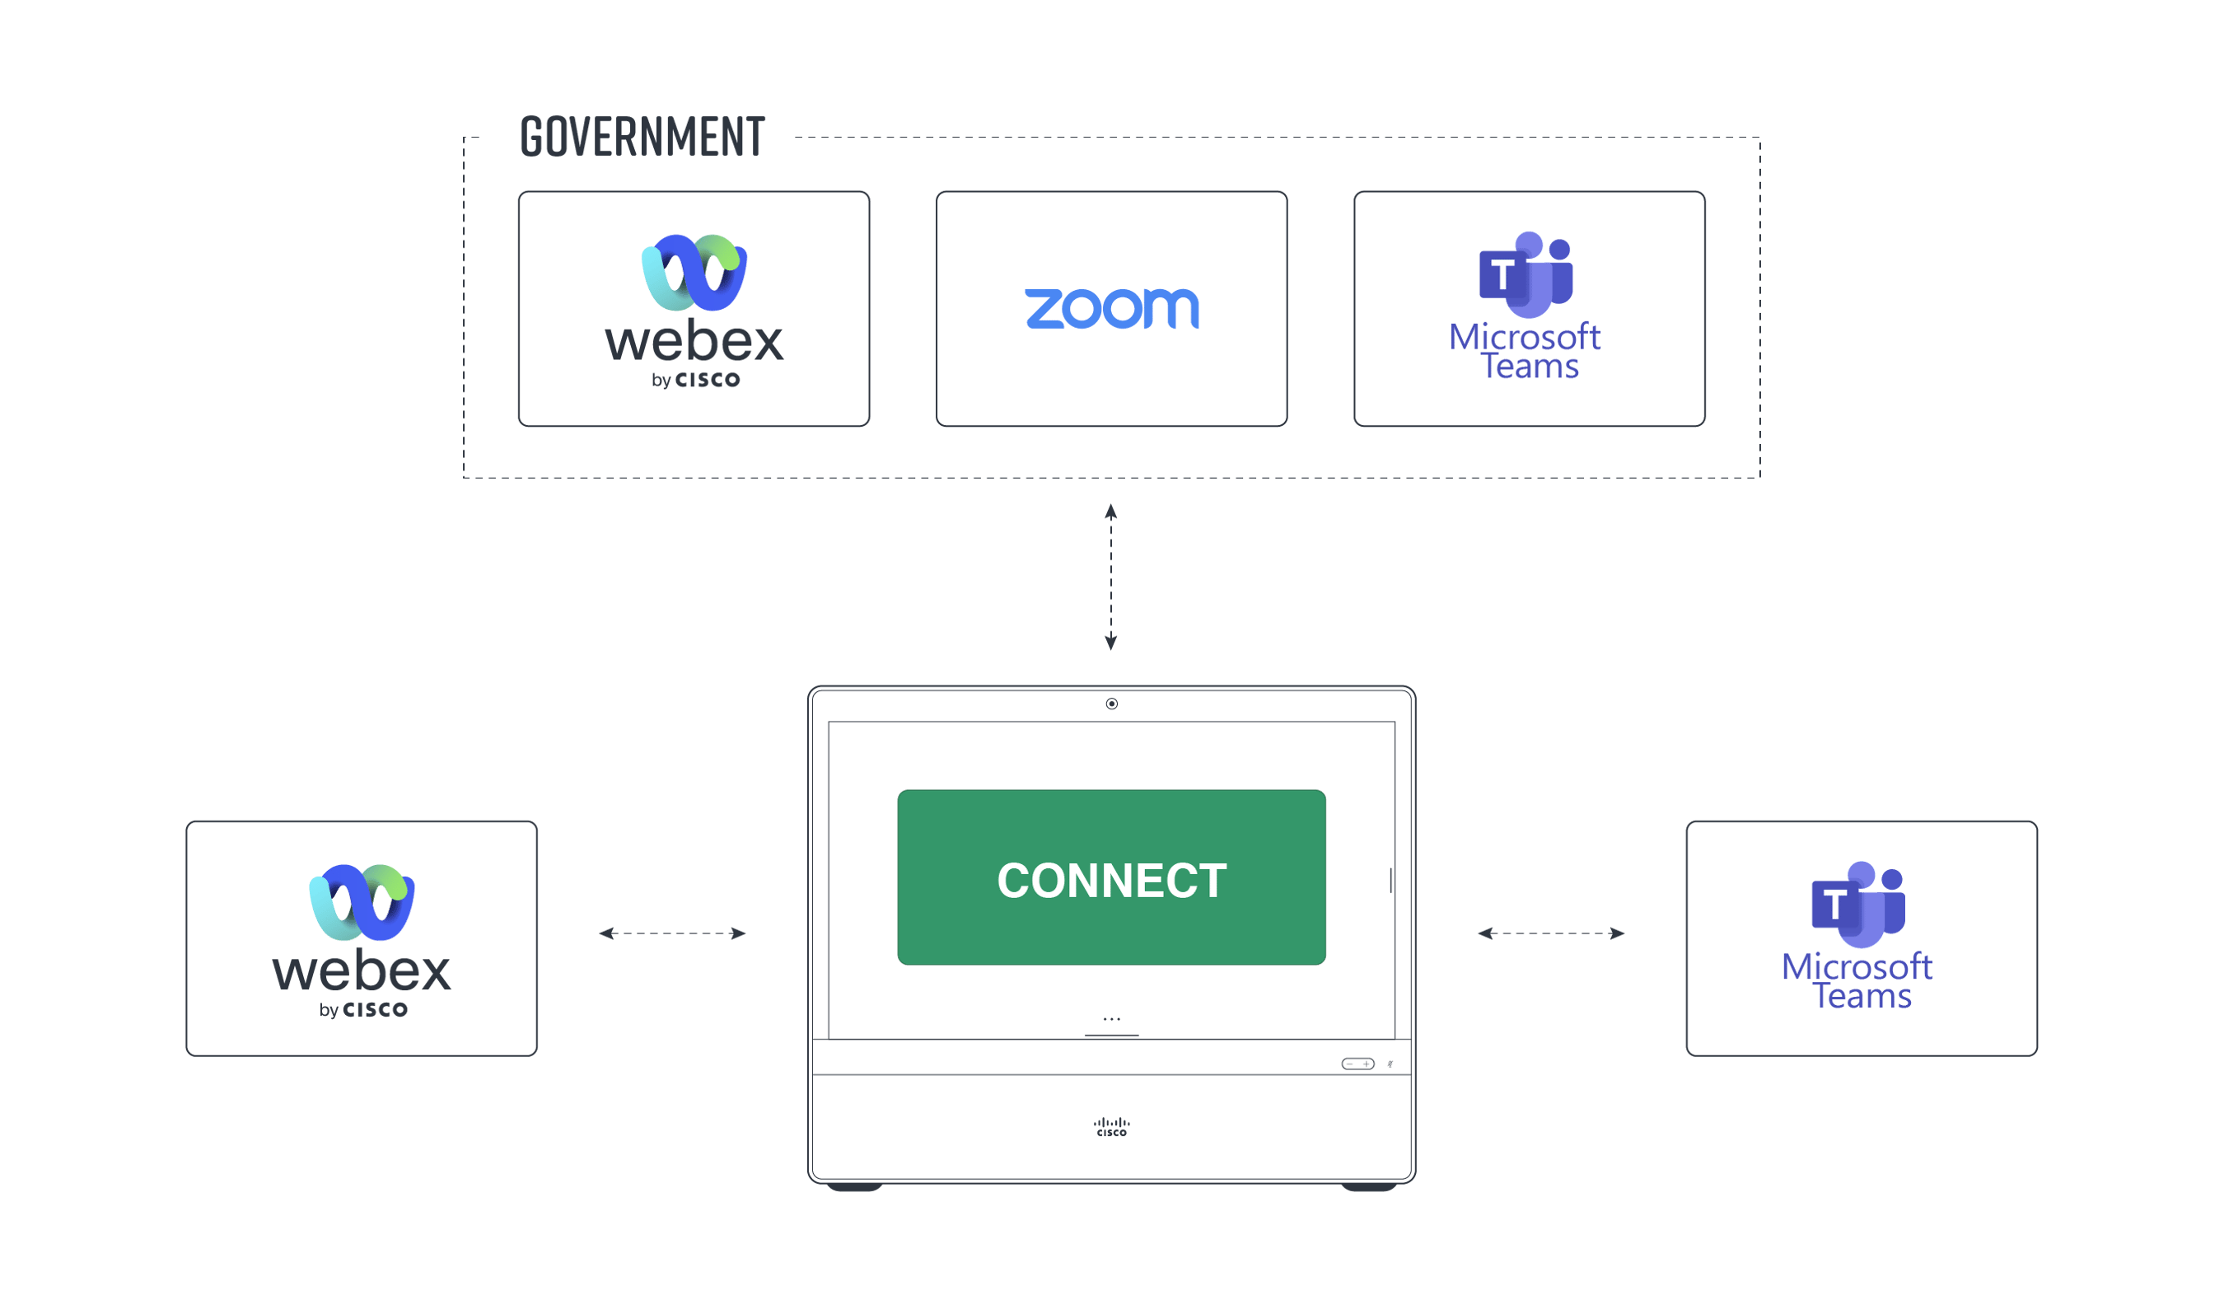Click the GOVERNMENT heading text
point(642,138)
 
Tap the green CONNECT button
point(1111,877)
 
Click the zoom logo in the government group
point(1111,308)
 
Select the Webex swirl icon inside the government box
point(694,272)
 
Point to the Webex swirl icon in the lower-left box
point(362,902)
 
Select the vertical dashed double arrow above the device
point(1111,577)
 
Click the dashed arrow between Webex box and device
point(671,933)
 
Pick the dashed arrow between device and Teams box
point(1550,933)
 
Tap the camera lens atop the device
point(1111,704)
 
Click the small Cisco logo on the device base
point(1111,1127)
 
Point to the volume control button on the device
point(1357,1064)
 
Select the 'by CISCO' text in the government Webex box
point(695,381)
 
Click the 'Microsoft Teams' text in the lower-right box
point(1857,980)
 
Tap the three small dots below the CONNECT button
point(1111,1018)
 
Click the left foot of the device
point(854,1186)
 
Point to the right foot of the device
point(1368,1186)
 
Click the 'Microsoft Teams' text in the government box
point(1525,350)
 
